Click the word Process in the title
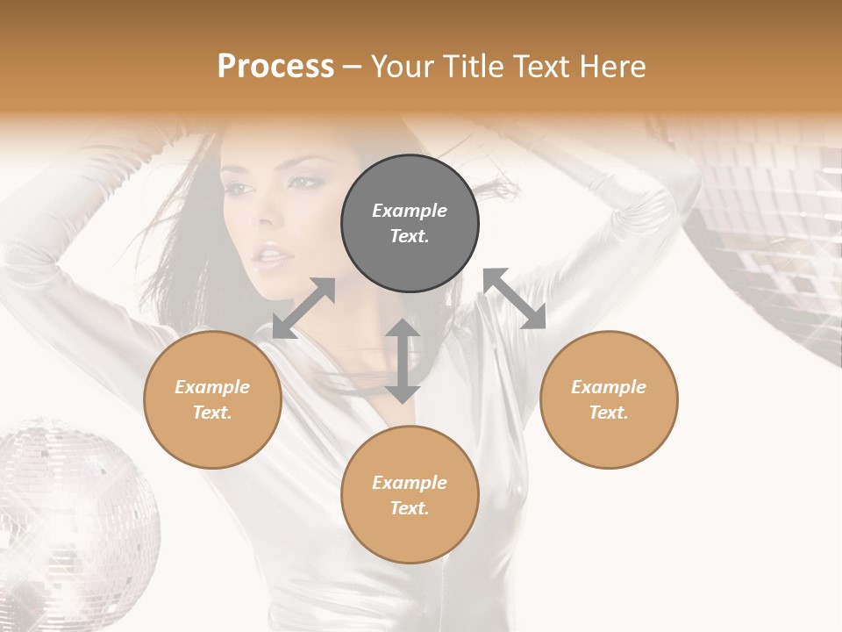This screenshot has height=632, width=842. click(x=275, y=67)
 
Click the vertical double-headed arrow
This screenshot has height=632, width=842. click(x=403, y=361)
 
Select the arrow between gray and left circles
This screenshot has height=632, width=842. click(x=303, y=308)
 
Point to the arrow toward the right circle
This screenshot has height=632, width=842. click(x=515, y=298)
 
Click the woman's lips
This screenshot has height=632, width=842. click(x=272, y=257)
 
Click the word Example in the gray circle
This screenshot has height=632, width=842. click(x=410, y=211)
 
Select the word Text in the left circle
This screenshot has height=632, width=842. click(x=212, y=413)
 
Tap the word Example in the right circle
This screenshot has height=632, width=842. click(x=609, y=387)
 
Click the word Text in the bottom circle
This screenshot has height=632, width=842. click(x=410, y=508)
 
